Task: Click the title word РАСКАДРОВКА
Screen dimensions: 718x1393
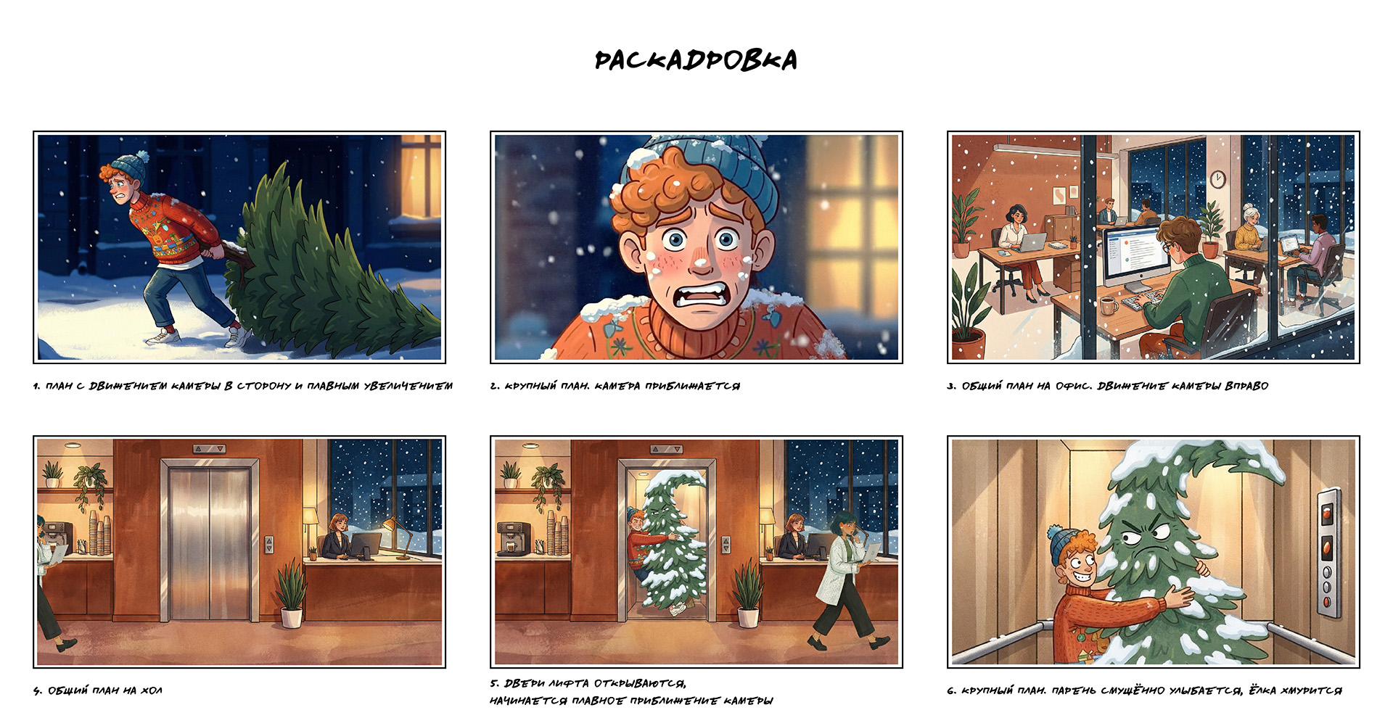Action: pyautogui.click(x=695, y=60)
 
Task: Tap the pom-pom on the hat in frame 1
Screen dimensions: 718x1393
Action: pyautogui.click(x=141, y=157)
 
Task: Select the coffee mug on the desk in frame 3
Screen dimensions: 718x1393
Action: pyautogui.click(x=1108, y=305)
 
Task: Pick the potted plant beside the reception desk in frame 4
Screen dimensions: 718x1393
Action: pyautogui.click(x=291, y=595)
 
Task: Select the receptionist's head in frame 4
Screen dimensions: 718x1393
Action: pyautogui.click(x=338, y=523)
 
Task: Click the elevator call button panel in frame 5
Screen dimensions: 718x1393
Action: pyautogui.click(x=726, y=545)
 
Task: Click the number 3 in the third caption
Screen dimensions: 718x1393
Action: pyautogui.click(x=951, y=386)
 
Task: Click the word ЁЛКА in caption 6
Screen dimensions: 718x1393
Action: pyautogui.click(x=1262, y=690)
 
